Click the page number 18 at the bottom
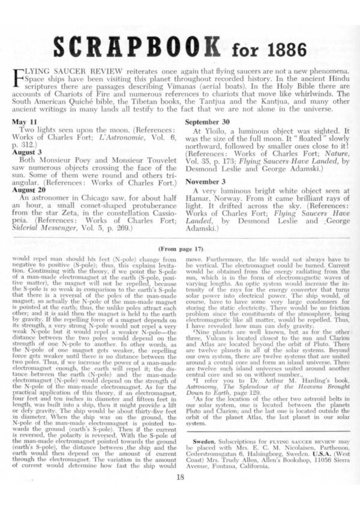(181, 477)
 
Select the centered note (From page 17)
(180, 247)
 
